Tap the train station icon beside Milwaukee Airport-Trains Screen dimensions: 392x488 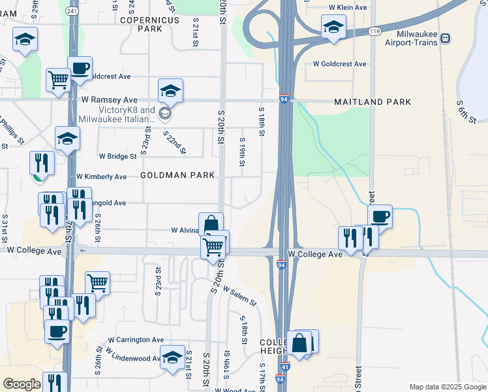pyautogui.click(x=445, y=39)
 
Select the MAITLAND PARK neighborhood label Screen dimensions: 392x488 pyautogui.click(x=372, y=103)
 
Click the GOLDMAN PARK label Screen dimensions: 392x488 pyautogui.click(x=177, y=176)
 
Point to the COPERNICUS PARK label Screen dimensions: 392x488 pyautogui.click(x=150, y=25)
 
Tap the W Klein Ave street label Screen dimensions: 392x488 pyautogui.click(x=348, y=7)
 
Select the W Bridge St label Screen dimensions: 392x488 pyautogui.click(x=117, y=157)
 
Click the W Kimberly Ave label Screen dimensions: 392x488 pyautogui.click(x=101, y=177)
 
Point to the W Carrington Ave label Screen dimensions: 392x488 pyautogui.click(x=136, y=340)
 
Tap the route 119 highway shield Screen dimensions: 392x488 pyautogui.click(x=374, y=31)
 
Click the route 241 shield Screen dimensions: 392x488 pyautogui.click(x=72, y=11)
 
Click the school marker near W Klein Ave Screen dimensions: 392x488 pyautogui.click(x=333, y=27)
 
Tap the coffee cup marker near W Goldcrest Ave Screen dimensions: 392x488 pyautogui.click(x=80, y=68)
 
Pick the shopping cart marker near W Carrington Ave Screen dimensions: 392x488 pyautogui.click(x=97, y=283)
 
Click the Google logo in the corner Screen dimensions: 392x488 pyautogui.click(x=22, y=384)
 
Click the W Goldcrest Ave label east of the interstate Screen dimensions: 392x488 pyautogui.click(x=339, y=64)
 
